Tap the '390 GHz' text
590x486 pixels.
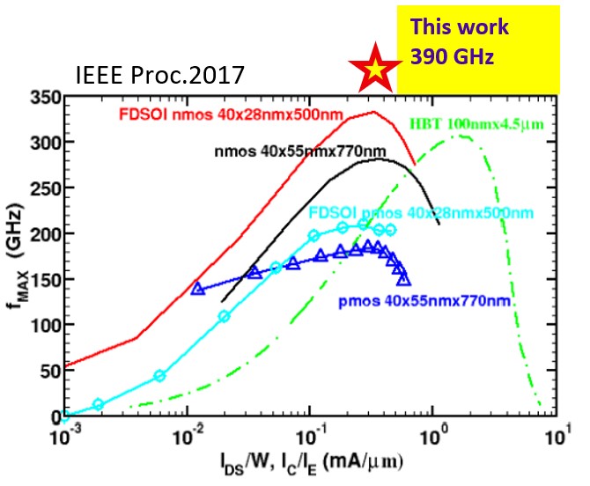pyautogui.click(x=450, y=55)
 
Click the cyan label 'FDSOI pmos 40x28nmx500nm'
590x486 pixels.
pyautogui.click(x=421, y=213)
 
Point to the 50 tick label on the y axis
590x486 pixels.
pyautogui.click(x=45, y=370)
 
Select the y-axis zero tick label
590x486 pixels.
pyautogui.click(x=49, y=415)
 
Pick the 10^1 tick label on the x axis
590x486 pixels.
pyautogui.click(x=556, y=435)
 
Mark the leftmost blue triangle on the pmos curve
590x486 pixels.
pyautogui.click(x=198, y=288)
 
